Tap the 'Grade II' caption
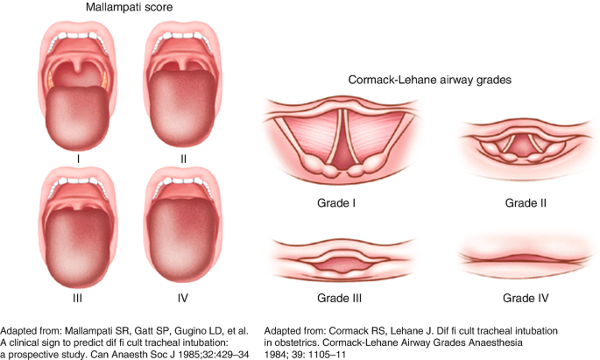click(526, 203)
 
